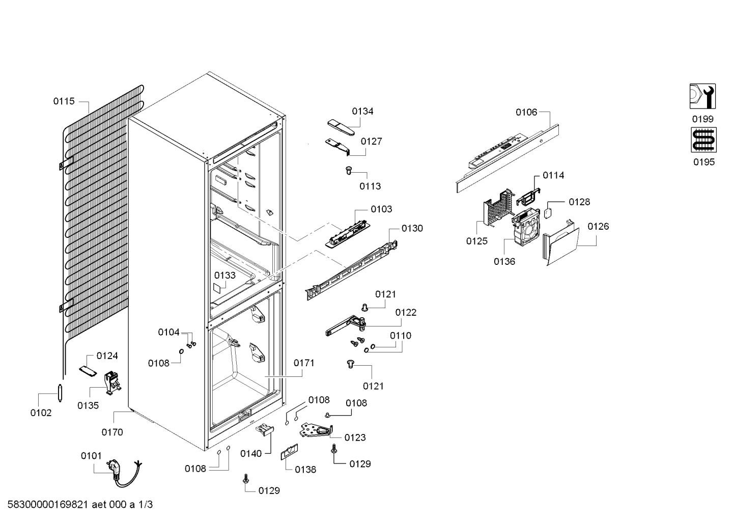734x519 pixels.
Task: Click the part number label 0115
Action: point(64,101)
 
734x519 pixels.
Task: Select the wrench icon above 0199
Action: point(702,96)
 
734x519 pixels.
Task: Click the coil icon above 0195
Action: point(703,140)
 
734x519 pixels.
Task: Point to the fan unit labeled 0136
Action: point(525,227)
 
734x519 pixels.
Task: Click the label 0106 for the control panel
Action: point(526,112)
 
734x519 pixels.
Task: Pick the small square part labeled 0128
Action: point(548,213)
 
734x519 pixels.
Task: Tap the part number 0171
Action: point(304,363)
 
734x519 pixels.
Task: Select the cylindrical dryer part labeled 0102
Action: point(60,393)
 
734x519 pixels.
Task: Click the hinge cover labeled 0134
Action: point(341,127)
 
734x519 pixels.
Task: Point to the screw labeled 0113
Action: point(349,171)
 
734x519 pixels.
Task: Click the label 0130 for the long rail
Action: point(412,228)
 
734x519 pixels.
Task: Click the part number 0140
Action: point(251,453)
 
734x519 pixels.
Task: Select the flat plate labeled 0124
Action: point(88,371)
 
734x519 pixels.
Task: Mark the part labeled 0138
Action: point(289,452)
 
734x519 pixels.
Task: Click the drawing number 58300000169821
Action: point(48,504)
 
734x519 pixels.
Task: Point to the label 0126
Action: point(598,226)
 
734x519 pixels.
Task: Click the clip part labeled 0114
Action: point(528,197)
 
